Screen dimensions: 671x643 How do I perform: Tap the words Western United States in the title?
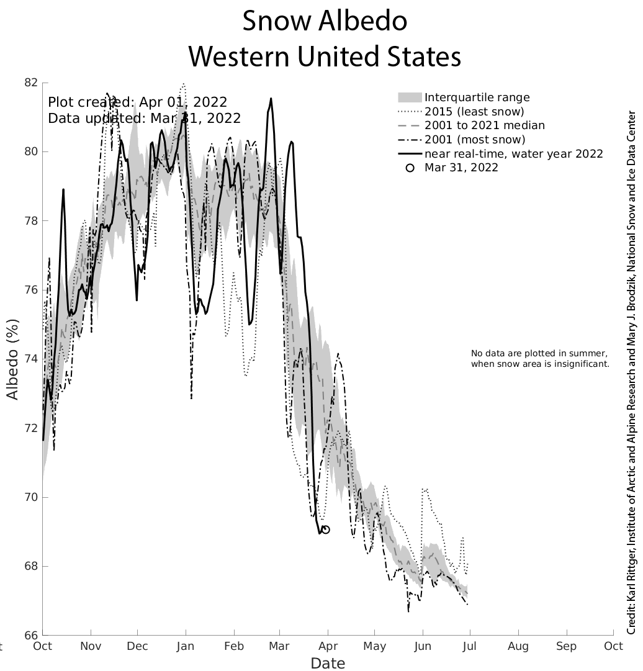click(x=325, y=57)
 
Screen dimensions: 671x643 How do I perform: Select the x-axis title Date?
click(x=328, y=663)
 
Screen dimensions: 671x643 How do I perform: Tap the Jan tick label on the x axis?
click(x=185, y=646)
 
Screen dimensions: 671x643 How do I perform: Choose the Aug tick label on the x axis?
click(x=518, y=646)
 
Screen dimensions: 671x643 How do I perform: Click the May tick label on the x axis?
click(x=375, y=646)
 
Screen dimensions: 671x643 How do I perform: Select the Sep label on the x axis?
click(x=566, y=646)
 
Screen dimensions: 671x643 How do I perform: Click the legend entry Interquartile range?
click(x=477, y=97)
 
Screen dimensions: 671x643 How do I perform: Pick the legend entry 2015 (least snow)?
click(x=474, y=112)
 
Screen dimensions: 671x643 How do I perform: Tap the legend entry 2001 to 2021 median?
click(x=484, y=125)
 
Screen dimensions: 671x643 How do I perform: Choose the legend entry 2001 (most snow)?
click(x=475, y=140)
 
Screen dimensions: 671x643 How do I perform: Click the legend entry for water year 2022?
click(x=513, y=153)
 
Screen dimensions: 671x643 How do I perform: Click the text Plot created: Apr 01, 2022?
click(x=138, y=102)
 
